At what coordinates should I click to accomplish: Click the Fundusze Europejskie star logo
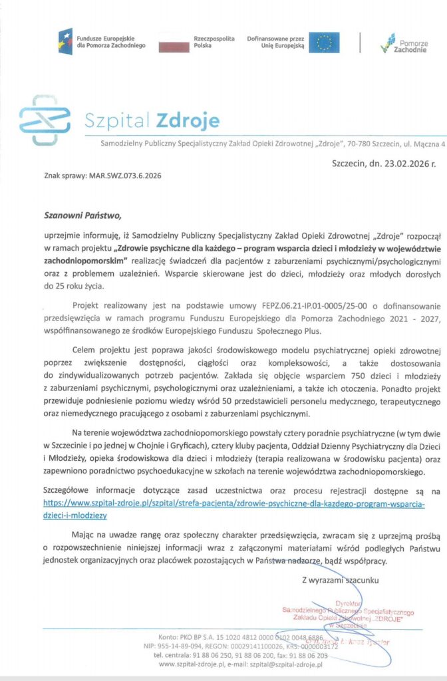[x=65, y=42]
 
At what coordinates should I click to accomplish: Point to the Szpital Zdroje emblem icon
[x=45, y=120]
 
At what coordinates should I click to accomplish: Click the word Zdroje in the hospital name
[x=187, y=121]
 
